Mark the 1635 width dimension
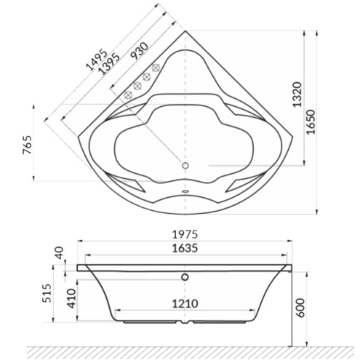185,248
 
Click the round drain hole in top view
185,167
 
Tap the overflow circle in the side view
185,276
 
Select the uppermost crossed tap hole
156,68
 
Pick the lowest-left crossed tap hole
127,95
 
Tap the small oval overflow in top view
185,193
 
